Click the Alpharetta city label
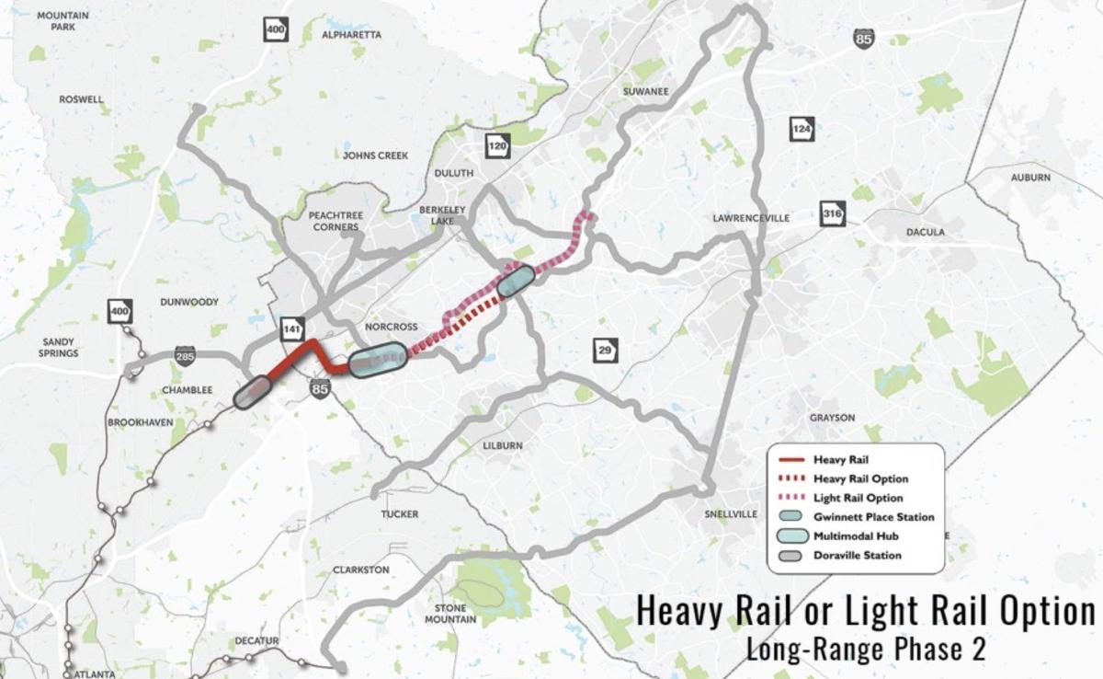pyautogui.click(x=351, y=35)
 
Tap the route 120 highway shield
pyautogui.click(x=497, y=147)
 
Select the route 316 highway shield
pyautogui.click(x=832, y=213)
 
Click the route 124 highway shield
pyautogui.click(x=802, y=128)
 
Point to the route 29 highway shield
pyautogui.click(x=604, y=350)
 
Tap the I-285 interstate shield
pyautogui.click(x=186, y=355)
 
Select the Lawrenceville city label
pyautogui.click(x=751, y=218)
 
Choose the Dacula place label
pyautogui.click(x=926, y=232)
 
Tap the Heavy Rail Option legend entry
pyautogui.click(x=860, y=478)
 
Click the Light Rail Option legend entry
pyautogui.click(x=859, y=498)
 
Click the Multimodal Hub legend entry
pyautogui.click(x=856, y=536)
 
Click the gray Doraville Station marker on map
pyautogui.click(x=251, y=393)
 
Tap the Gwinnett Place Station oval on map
pyautogui.click(x=516, y=282)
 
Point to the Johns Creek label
pyautogui.click(x=375, y=155)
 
